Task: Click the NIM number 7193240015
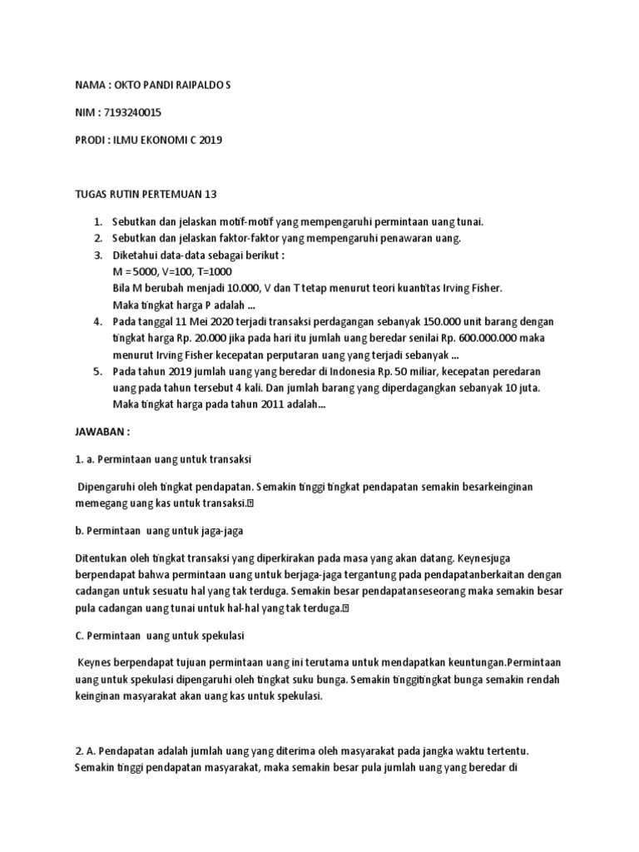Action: pyautogui.click(x=130, y=112)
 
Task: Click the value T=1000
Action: pyautogui.click(x=211, y=272)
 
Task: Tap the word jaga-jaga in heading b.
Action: pyautogui.click(x=219, y=530)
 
